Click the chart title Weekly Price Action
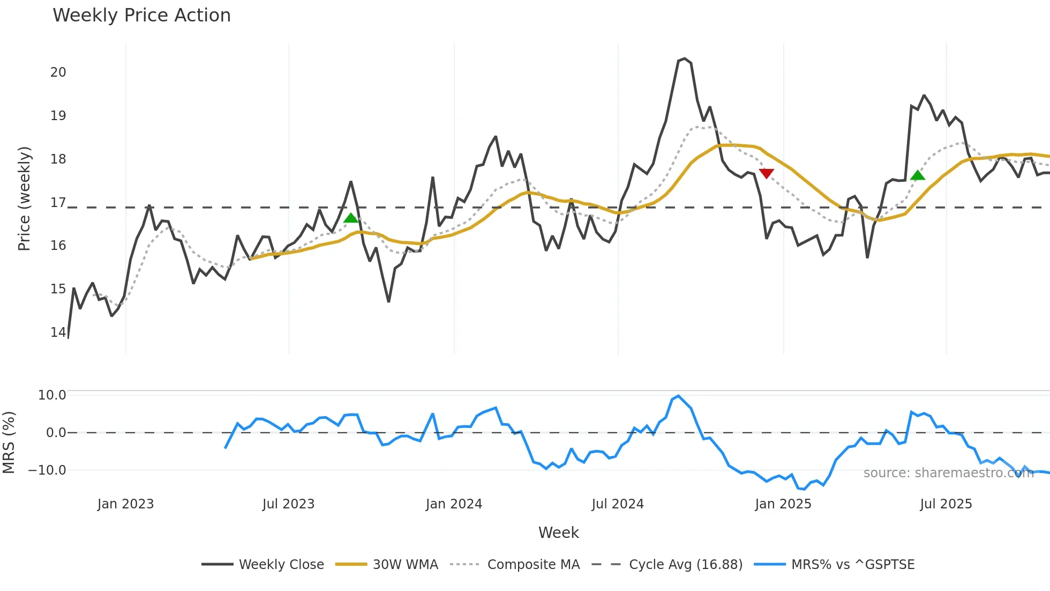(x=141, y=16)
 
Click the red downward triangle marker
(x=767, y=174)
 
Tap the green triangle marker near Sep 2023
(x=351, y=217)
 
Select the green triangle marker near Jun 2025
(x=918, y=175)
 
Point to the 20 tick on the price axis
(x=58, y=72)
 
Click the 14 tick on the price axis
(x=58, y=333)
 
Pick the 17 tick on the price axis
(x=58, y=203)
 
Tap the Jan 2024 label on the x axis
(x=454, y=504)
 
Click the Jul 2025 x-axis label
(x=946, y=504)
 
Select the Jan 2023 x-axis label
(x=125, y=504)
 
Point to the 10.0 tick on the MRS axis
(x=52, y=395)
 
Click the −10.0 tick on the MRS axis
(x=47, y=470)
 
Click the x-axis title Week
(x=558, y=533)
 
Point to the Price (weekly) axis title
(x=24, y=198)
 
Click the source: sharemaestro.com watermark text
(x=948, y=473)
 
